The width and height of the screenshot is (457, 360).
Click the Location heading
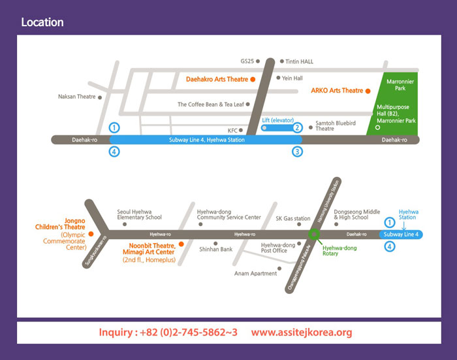coord(42,22)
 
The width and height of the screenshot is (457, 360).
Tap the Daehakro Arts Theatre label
coord(217,80)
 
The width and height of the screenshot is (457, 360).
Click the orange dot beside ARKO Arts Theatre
coord(368,91)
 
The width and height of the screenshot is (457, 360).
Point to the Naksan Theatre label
coord(76,97)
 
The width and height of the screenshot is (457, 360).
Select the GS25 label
coord(247,61)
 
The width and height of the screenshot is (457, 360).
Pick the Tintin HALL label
coord(300,61)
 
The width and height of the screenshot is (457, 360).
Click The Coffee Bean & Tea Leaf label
coord(210,104)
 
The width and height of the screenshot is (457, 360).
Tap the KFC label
coord(233,130)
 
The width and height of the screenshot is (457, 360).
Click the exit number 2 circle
coord(297,127)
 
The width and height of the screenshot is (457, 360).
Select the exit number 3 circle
coord(297,152)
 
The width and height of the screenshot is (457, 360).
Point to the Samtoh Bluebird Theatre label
coord(334,125)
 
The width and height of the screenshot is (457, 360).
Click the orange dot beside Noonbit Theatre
coord(181,246)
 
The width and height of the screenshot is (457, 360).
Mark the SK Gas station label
coord(293,218)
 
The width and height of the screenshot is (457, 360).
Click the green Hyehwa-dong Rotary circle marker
coord(314,233)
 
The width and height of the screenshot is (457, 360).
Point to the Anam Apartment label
coord(255,273)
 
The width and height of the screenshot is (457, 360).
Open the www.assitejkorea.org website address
coord(301,332)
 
